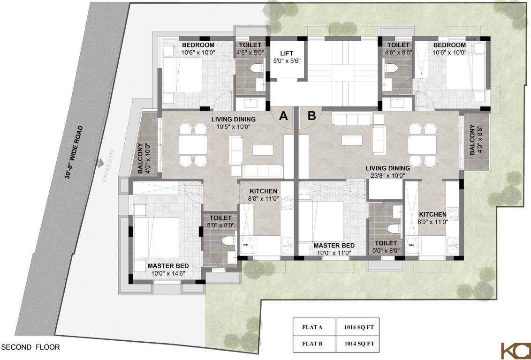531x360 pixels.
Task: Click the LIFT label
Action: (x=287, y=53)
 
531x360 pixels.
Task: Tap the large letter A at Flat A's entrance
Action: (x=283, y=116)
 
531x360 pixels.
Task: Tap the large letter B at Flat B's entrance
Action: (x=311, y=116)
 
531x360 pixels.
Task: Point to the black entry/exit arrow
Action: (x=99, y=163)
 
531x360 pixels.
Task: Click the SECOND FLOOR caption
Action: (x=30, y=347)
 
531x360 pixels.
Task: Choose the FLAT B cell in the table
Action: (x=314, y=343)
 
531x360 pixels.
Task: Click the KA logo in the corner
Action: (x=515, y=351)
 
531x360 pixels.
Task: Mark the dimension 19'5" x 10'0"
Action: (x=233, y=126)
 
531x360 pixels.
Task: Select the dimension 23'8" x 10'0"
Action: (x=387, y=175)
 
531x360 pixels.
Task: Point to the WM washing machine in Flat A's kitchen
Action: (x=245, y=245)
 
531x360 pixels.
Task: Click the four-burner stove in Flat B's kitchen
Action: (x=453, y=214)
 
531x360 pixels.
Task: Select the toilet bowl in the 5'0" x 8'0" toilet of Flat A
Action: (x=228, y=241)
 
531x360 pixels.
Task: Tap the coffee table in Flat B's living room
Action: (x=352, y=140)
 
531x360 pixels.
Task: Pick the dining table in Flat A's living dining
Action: (x=193, y=145)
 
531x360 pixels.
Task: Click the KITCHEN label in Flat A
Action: (x=263, y=191)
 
